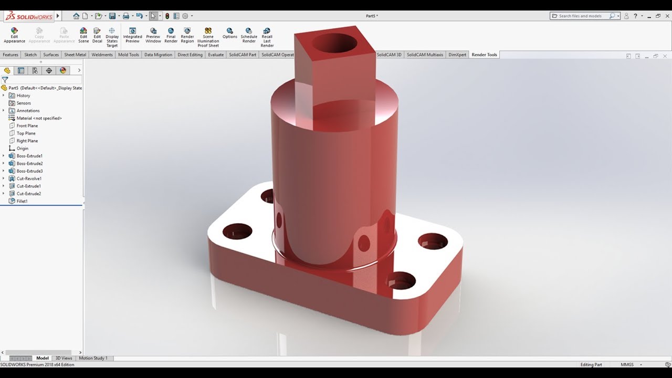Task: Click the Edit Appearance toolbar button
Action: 14,35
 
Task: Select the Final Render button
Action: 171,35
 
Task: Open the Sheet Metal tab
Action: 75,55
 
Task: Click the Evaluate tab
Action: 216,55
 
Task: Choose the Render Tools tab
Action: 484,55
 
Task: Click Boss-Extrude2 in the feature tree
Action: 29,163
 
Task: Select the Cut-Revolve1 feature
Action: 29,178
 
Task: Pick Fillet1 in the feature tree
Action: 22,201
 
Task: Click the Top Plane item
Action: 26,133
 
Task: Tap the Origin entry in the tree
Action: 22,149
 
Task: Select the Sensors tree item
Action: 24,103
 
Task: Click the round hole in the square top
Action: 334,43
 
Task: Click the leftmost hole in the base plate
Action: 237,231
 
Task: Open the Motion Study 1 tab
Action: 93,358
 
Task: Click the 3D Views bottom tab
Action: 64,358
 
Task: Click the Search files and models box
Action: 583,16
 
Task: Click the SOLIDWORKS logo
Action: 29,16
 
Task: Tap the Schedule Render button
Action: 249,35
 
